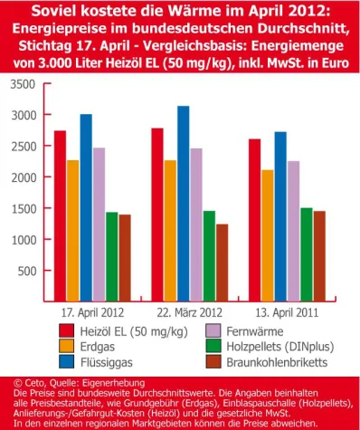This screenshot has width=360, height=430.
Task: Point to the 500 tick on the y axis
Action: point(27,271)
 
